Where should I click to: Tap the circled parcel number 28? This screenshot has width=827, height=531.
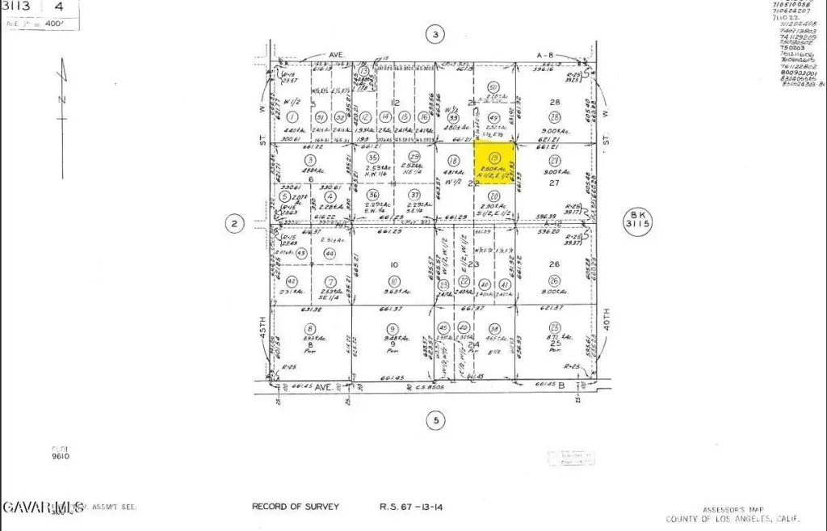click(x=554, y=117)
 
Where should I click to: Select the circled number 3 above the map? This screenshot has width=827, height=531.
click(x=435, y=34)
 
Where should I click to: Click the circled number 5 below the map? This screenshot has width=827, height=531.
click(x=435, y=419)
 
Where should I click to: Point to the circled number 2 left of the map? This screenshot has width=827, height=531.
click(x=234, y=224)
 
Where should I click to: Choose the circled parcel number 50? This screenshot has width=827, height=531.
click(x=493, y=87)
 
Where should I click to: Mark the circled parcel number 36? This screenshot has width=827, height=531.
click(x=372, y=195)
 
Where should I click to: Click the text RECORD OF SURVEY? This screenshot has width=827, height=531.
click(x=296, y=507)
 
